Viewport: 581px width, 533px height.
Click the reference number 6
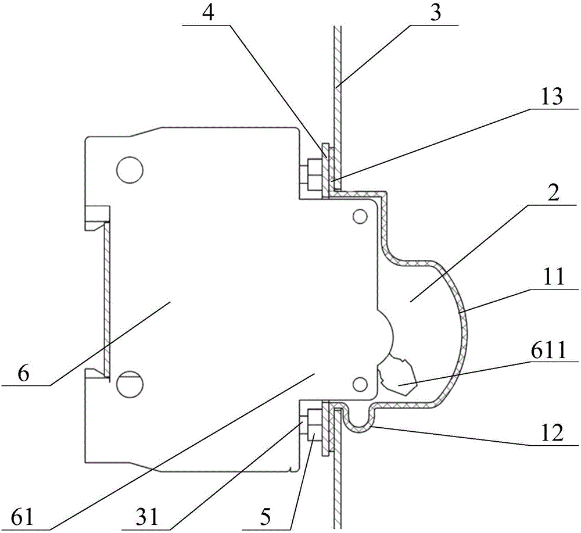23,374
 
